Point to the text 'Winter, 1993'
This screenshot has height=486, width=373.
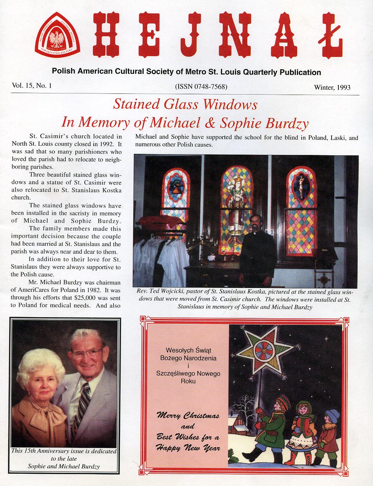332,87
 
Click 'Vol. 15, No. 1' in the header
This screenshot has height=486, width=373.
31,86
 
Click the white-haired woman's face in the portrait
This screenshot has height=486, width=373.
41,376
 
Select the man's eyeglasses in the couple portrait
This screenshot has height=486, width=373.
89,352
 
